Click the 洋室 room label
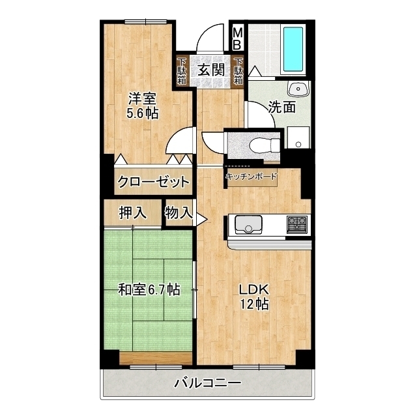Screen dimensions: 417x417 coord(143,99)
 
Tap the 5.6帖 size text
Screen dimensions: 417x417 coord(143,113)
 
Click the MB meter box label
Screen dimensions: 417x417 coord(238,38)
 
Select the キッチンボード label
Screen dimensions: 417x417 coord(251,176)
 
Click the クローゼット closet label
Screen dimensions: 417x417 coord(154,182)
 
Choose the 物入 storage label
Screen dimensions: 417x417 coord(179,212)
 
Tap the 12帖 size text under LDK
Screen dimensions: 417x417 coord(254,304)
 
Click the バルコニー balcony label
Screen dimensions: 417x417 coord(208,383)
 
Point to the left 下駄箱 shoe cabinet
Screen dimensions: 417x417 coord(182,72)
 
